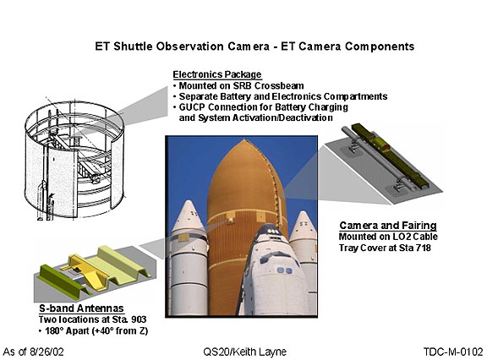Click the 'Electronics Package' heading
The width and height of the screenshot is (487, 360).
point(217,75)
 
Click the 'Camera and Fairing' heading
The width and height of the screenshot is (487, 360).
point(388,226)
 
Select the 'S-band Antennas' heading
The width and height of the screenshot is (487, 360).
point(81,308)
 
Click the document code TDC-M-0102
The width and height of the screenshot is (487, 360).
point(453,352)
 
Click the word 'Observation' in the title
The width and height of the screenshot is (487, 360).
point(189,46)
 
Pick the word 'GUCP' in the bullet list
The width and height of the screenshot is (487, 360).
point(192,107)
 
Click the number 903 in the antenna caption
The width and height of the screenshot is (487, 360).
point(139,319)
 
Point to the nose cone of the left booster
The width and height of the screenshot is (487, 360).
point(188,216)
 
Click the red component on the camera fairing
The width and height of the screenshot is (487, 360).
point(385,147)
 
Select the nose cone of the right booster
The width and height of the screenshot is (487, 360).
point(304,226)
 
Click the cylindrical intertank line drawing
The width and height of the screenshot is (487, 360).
point(74,161)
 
